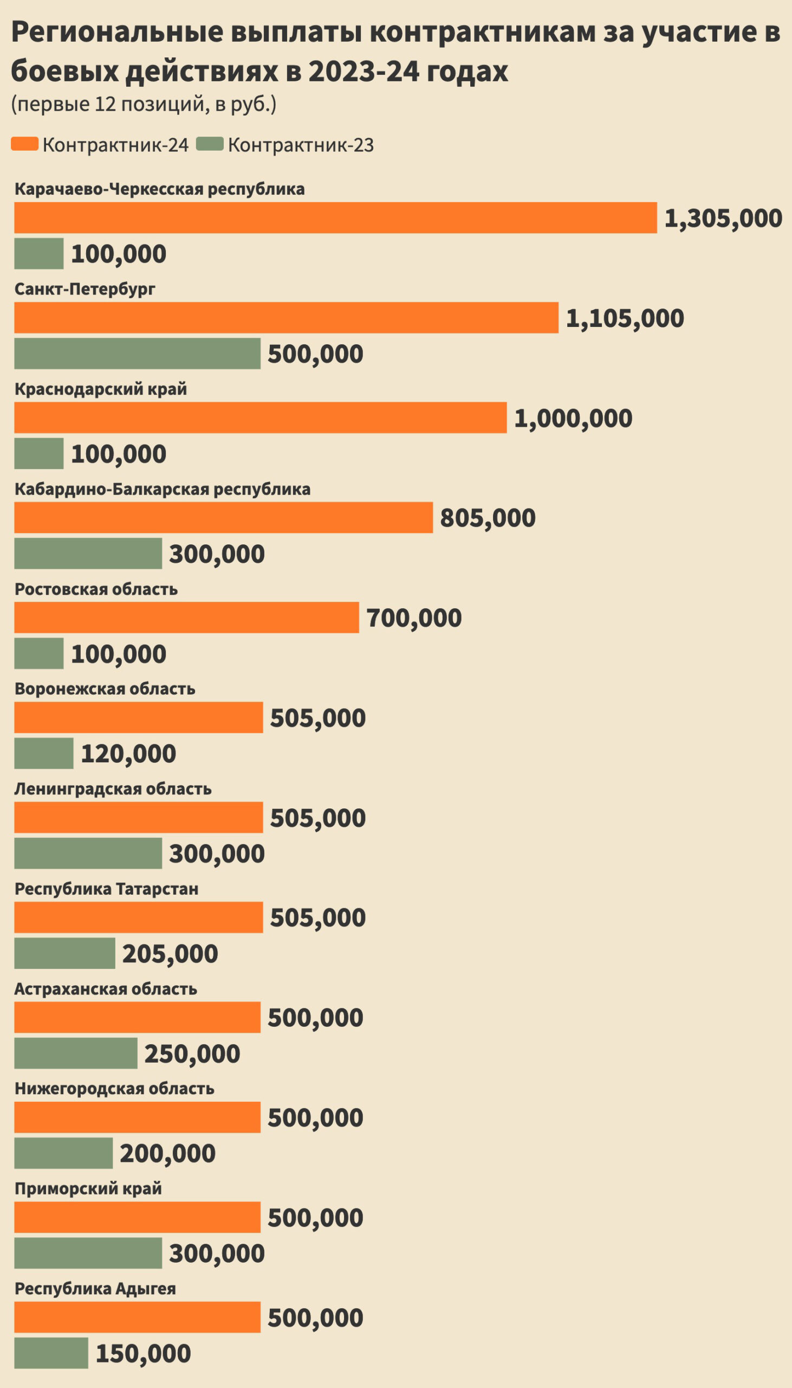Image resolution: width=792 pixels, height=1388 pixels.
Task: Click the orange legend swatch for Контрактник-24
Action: tap(24, 144)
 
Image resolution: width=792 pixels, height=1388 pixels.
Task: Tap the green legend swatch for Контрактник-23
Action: tap(210, 144)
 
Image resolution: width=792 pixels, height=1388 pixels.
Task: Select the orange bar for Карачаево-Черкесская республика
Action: tap(335, 218)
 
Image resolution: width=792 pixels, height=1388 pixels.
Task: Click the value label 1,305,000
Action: tap(723, 219)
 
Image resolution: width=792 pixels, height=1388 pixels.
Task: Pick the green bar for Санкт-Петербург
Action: tap(137, 354)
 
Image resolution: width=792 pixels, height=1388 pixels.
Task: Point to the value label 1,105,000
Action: tap(625, 318)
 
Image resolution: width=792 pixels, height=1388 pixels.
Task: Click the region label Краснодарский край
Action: tap(101, 389)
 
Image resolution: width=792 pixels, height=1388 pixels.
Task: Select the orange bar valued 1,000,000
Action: tap(260, 417)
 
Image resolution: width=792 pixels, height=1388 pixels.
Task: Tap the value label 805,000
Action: tap(488, 518)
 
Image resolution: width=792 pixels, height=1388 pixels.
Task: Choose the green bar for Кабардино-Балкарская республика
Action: tap(88, 554)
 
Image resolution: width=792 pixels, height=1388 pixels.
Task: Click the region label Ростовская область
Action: tap(96, 589)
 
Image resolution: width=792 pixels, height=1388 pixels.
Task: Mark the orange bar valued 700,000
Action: tap(186, 617)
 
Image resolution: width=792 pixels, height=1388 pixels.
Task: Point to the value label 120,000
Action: tap(128, 754)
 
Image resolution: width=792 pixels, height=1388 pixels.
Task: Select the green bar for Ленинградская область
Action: tap(88, 853)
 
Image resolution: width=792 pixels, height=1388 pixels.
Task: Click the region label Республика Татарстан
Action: tap(106, 889)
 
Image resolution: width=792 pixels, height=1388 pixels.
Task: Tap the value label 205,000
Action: tap(170, 954)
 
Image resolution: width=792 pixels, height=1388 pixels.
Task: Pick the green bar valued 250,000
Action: tap(75, 1053)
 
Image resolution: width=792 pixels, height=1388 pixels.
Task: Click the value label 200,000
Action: tap(167, 1153)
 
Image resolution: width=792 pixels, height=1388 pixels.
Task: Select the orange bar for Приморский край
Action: tap(137, 1217)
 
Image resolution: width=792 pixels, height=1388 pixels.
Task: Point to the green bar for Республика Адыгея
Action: tap(50, 1353)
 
